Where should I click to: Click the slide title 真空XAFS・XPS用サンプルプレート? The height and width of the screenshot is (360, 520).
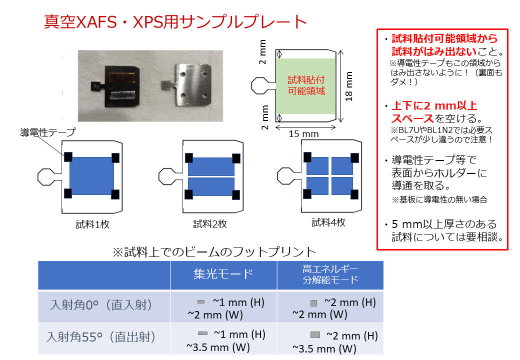pyautogui.click(x=175, y=22)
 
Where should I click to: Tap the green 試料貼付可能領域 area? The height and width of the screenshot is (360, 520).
pyautogui.click(x=306, y=86)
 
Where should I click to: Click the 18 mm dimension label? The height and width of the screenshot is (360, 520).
pyautogui.click(x=349, y=86)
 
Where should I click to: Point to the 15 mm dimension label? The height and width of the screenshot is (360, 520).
pyautogui.click(x=303, y=134)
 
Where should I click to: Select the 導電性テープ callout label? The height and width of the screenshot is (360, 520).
pyautogui.click(x=47, y=132)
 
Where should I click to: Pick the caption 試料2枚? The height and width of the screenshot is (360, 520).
pyautogui.click(x=210, y=224)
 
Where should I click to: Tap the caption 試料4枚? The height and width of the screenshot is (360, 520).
pyautogui.click(x=328, y=222)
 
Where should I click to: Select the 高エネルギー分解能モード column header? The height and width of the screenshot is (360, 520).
pyautogui.click(x=330, y=274)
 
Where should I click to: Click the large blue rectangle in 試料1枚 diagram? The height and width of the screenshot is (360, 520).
pyautogui.click(x=91, y=175)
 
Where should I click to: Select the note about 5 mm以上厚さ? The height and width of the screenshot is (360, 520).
pyautogui.click(x=442, y=230)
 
